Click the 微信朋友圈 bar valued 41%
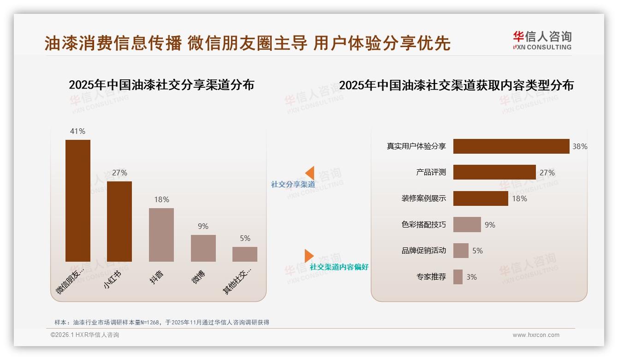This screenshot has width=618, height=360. click(77, 200)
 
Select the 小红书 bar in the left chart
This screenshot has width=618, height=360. click(119, 221)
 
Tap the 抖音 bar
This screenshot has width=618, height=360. click(161, 234)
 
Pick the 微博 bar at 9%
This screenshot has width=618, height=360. click(203, 248)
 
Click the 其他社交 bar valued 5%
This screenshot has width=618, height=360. click(244, 254)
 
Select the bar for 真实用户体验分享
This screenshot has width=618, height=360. click(511, 146)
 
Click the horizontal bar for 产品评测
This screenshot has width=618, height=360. click(494, 172)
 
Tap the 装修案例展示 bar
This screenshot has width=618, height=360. click(481, 198)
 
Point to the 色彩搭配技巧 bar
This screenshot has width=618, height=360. click(467, 224)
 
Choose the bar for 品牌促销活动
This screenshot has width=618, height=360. click(461, 251)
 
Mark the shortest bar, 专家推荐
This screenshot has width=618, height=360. click(458, 277)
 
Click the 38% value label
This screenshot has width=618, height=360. click(580, 146)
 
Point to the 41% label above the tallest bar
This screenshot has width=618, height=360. click(77, 131)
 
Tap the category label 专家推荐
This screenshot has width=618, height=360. click(431, 277)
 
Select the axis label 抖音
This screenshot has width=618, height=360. click(157, 277)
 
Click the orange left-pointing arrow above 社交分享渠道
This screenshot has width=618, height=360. click(310, 173)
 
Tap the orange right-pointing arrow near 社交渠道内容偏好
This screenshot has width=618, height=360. click(309, 256)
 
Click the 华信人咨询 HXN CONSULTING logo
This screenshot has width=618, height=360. click(542, 41)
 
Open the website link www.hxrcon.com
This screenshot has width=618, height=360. click(536, 335)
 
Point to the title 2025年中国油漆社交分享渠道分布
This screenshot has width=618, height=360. click(161, 85)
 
